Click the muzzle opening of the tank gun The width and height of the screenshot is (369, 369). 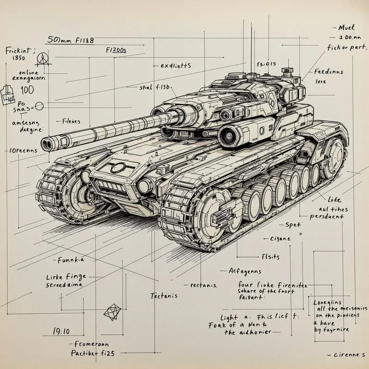[46, 144]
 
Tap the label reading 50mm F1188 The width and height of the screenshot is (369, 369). [71, 41]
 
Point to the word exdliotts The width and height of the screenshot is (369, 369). [175, 65]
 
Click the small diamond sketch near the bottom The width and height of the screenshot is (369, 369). [112, 312]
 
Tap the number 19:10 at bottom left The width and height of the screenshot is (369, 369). [61, 331]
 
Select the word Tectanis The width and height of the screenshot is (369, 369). [164, 296]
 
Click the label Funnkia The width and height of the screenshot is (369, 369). [71, 260]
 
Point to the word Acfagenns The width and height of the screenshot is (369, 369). [244, 271]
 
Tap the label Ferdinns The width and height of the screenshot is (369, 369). [328, 72]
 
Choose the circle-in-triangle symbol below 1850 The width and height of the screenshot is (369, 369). [42, 59]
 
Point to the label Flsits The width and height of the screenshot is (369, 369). [270, 256]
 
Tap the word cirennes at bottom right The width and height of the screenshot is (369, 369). [349, 355]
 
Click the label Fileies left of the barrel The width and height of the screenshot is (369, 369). [71, 122]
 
